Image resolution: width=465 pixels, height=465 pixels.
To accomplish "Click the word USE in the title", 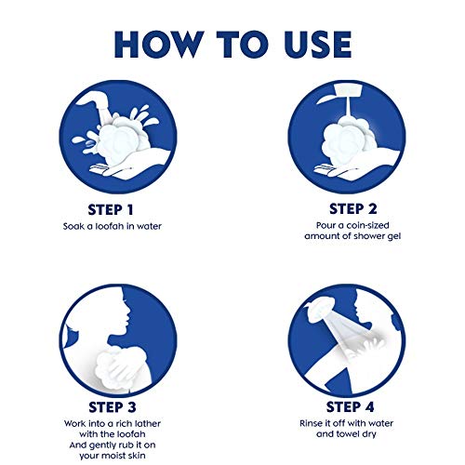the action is click(318, 45).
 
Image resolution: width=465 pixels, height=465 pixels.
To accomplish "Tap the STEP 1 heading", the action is click(111, 210).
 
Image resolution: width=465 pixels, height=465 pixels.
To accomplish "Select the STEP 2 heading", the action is click(353, 209).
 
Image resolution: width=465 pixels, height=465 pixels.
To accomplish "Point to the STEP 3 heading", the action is click(113, 407).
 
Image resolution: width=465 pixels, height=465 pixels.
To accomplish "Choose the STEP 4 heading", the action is click(350, 406).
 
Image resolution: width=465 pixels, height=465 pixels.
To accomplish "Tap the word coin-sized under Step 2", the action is click(367, 225).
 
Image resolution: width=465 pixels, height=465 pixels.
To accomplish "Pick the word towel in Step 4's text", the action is click(347, 434).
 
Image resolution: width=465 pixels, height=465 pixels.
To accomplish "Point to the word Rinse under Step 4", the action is click(310, 423).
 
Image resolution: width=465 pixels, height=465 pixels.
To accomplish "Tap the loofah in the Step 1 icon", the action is click(123, 139).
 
